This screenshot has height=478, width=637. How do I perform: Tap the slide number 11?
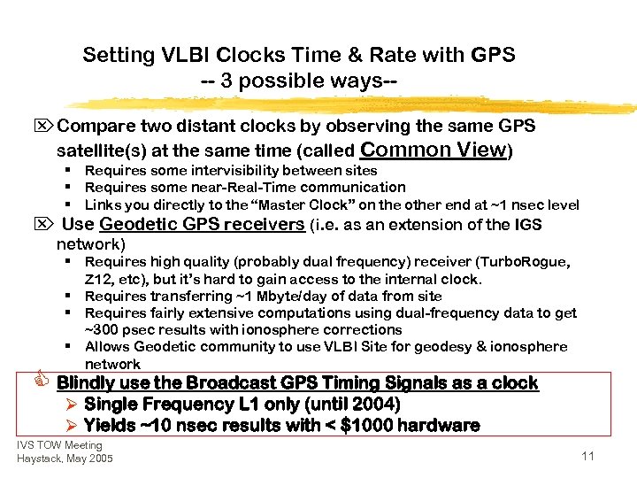coord(588,456)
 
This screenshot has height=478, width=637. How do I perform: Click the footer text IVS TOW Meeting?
coord(59,445)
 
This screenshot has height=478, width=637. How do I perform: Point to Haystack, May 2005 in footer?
coord(65,459)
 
